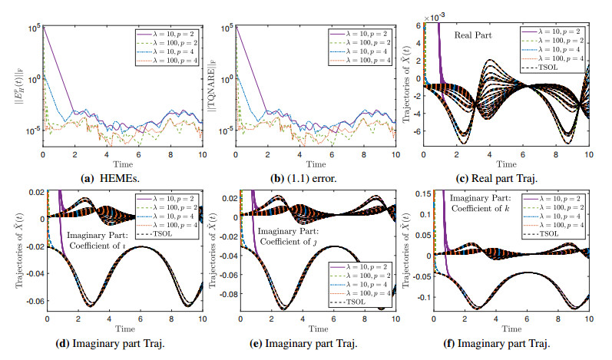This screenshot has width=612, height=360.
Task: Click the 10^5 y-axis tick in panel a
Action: click(x=33, y=28)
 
